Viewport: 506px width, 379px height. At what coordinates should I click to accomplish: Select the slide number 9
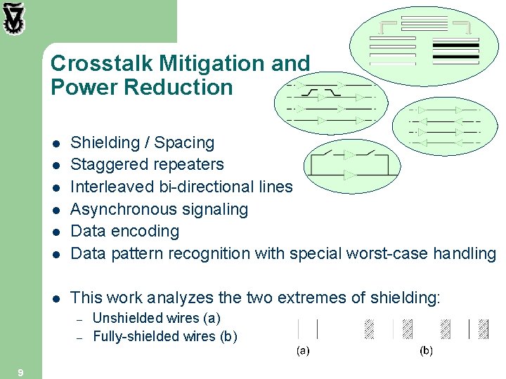[20, 373]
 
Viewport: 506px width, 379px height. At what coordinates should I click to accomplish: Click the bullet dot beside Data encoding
[56, 232]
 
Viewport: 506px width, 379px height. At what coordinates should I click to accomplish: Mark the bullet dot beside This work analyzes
[56, 298]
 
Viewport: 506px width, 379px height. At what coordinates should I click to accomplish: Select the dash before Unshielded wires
[80, 319]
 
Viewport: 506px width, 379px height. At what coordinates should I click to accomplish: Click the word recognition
[212, 253]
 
